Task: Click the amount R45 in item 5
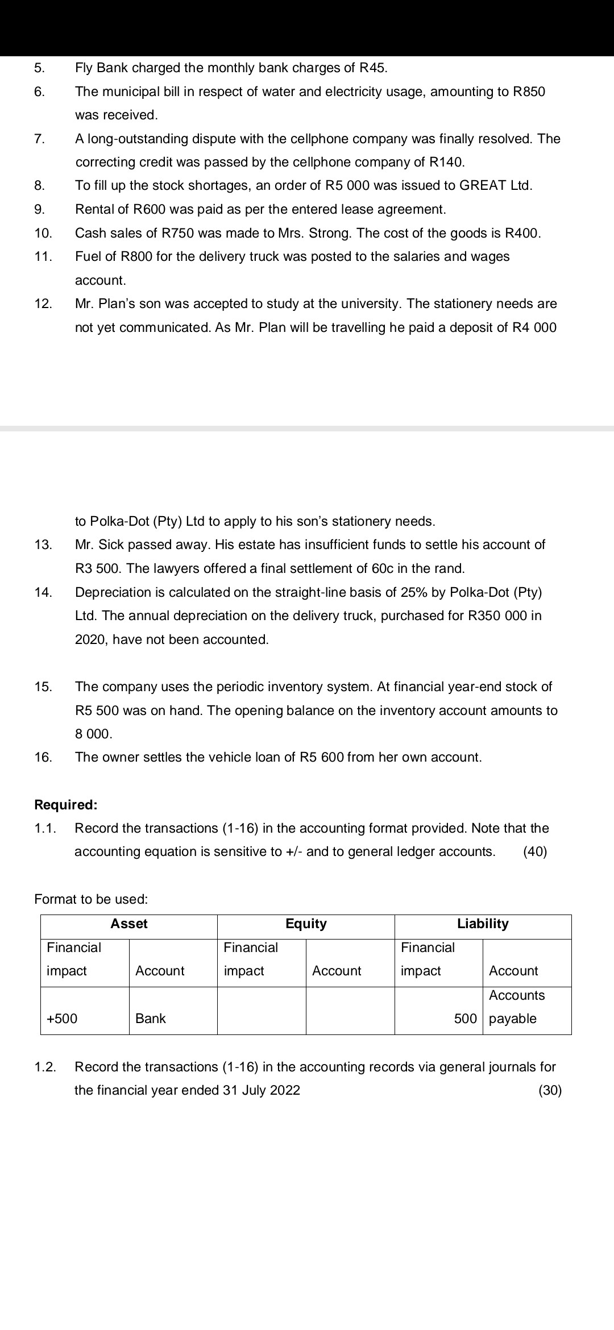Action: [x=373, y=68]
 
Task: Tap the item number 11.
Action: [x=43, y=257]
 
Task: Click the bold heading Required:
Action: [x=66, y=805]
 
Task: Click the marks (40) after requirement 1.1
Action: [x=535, y=852]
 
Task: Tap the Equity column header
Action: [x=306, y=924]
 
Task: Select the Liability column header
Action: [x=483, y=924]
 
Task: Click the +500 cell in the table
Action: [x=62, y=1019]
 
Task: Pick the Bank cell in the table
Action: [x=151, y=1019]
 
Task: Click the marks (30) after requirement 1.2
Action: [x=550, y=1091]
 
